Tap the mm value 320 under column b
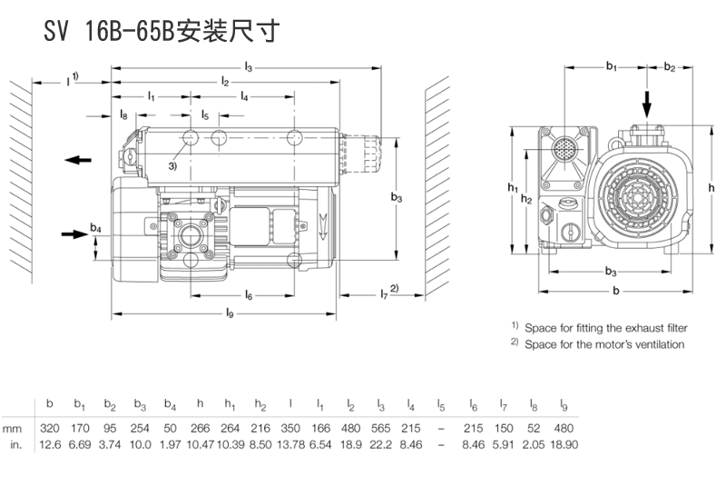pyautogui.click(x=52, y=427)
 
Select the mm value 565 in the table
pyautogui.click(x=381, y=427)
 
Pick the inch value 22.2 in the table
pyautogui.click(x=381, y=443)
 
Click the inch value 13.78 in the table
pyautogui.click(x=290, y=443)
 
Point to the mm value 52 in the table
pyautogui.click(x=533, y=427)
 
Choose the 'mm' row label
pyautogui.click(x=13, y=427)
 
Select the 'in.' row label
pyautogui.click(x=15, y=443)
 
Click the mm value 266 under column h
pyautogui.click(x=201, y=427)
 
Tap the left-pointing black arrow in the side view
pyautogui.click(x=78, y=160)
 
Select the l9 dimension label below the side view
pyautogui.click(x=230, y=314)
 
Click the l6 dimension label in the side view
pyautogui.click(x=248, y=295)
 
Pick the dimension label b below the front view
pyautogui.click(x=616, y=291)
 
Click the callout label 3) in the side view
pyautogui.click(x=172, y=166)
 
